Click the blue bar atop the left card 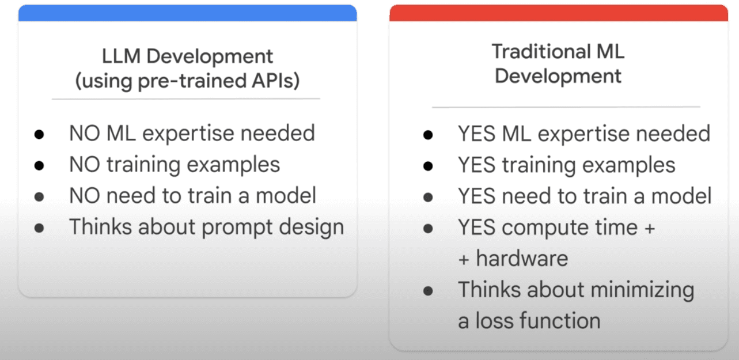(187, 13)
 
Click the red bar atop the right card (559, 13)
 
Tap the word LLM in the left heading (121, 56)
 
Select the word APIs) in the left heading (275, 81)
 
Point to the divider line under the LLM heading (185, 98)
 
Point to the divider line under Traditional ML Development (566, 107)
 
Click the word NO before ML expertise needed (85, 133)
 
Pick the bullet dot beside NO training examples (39, 165)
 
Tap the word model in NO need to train (286, 196)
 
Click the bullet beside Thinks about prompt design (39, 228)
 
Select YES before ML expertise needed (477, 134)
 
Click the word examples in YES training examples (629, 165)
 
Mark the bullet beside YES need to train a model (428, 197)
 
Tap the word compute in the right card (545, 228)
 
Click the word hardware (522, 259)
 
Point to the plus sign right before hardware (464, 260)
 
